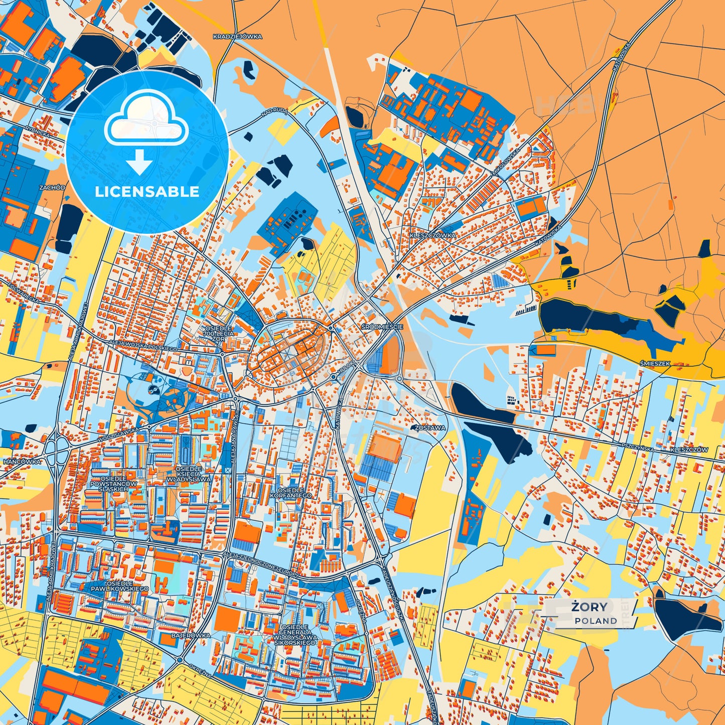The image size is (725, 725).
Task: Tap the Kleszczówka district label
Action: click(x=432, y=235)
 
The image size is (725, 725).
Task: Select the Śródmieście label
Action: click(x=382, y=327)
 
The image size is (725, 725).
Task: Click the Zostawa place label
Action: click(x=430, y=428)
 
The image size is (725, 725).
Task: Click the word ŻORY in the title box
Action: click(x=589, y=607)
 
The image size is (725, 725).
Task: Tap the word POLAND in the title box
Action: click(x=596, y=621)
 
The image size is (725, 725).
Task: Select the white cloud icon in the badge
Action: click(x=146, y=118)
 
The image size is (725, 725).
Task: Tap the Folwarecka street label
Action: click(x=24, y=293)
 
